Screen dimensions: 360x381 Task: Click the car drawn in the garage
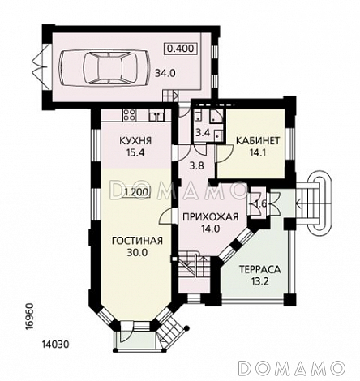[104, 67]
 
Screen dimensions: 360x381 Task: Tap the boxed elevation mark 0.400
[180, 49]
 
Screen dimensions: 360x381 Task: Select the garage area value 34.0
[165, 73]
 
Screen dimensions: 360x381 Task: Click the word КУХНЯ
[135, 141]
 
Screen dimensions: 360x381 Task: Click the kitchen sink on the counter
[156, 115]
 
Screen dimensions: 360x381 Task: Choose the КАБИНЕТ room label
[258, 141]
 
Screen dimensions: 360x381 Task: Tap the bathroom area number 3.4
[203, 133]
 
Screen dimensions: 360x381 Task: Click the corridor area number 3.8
[196, 165]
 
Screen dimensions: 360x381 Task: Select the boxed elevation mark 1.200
[136, 192]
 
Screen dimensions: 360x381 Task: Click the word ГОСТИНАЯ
[137, 241]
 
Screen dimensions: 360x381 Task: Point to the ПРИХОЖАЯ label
[211, 216]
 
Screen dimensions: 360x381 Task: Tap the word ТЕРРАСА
[259, 269]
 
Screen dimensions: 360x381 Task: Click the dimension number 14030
[55, 345]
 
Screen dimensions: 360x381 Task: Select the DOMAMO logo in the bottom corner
[292, 367]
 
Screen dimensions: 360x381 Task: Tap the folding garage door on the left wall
[41, 66]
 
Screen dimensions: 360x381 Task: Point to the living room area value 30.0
[137, 253]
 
